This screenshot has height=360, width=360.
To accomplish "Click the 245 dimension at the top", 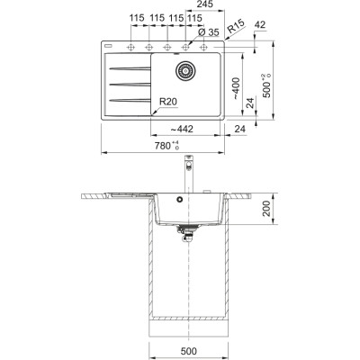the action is coord(205,4).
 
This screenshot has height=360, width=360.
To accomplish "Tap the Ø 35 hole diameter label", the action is coord(209,32).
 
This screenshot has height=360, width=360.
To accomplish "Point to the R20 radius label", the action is coord(168,102).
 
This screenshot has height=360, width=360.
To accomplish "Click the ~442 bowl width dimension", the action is coord(182,130).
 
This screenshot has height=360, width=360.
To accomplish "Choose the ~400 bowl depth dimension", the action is coord(236,88).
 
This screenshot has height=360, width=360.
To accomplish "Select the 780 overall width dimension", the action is coord(166,146).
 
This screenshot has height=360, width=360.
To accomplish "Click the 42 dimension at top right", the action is coord(260,24).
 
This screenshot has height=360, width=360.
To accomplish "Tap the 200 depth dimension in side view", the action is coord(266,209).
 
